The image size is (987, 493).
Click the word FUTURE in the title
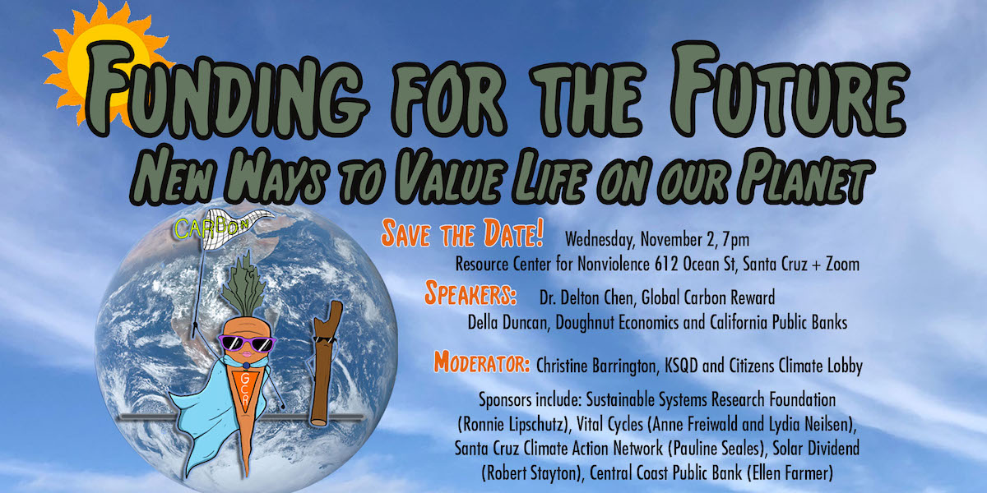click(x=789, y=90)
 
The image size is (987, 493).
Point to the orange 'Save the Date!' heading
click(x=462, y=233)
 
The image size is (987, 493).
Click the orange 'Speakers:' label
click(x=470, y=293)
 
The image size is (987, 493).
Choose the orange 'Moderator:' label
click(x=482, y=362)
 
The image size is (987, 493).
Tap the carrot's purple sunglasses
click(x=248, y=343)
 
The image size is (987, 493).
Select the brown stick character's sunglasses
click(x=325, y=339)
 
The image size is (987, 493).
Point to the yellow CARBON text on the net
click(x=212, y=227)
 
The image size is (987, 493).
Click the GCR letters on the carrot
click(x=245, y=389)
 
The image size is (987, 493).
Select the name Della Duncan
click(x=508, y=322)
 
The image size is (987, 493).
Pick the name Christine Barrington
click(x=595, y=366)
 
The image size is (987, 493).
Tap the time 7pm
click(x=736, y=240)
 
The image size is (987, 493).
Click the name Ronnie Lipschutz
click(x=513, y=425)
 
